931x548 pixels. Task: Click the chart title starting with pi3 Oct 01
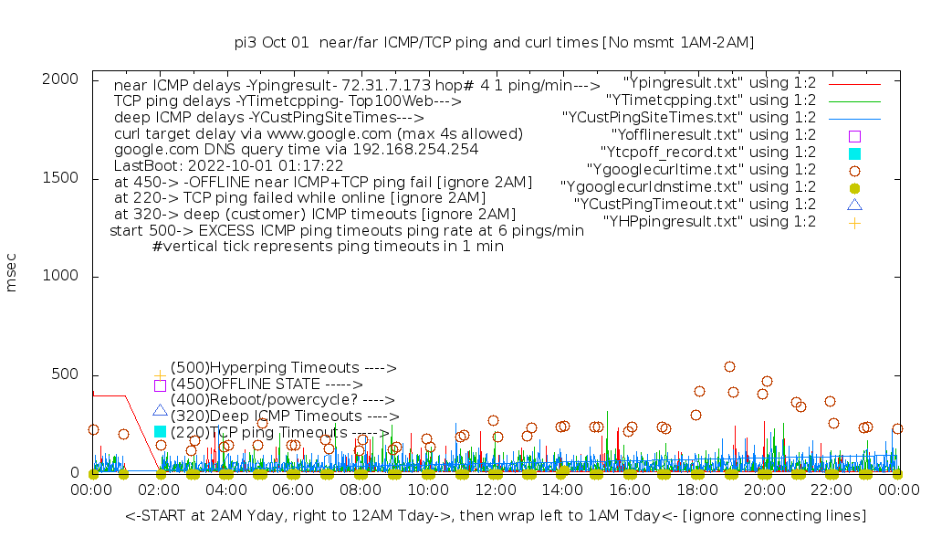[x=494, y=43]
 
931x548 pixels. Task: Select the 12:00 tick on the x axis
[x=495, y=490]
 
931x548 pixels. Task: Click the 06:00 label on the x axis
[x=293, y=490]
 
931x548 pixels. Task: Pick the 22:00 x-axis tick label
[x=831, y=490]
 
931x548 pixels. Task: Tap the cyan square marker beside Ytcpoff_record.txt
[x=854, y=153]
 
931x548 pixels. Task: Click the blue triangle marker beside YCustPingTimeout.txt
[x=854, y=205]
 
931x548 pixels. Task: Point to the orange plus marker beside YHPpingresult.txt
[x=854, y=222]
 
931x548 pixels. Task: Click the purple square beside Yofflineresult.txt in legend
[x=854, y=135]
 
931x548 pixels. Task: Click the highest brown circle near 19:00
[x=729, y=367]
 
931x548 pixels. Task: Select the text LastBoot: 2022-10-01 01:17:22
[x=228, y=166]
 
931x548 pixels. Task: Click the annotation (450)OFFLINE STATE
[x=267, y=385]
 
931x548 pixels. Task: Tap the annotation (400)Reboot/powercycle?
[x=282, y=400]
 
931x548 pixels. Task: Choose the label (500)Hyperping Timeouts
[x=283, y=368]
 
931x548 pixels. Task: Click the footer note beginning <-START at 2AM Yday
[x=496, y=516]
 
